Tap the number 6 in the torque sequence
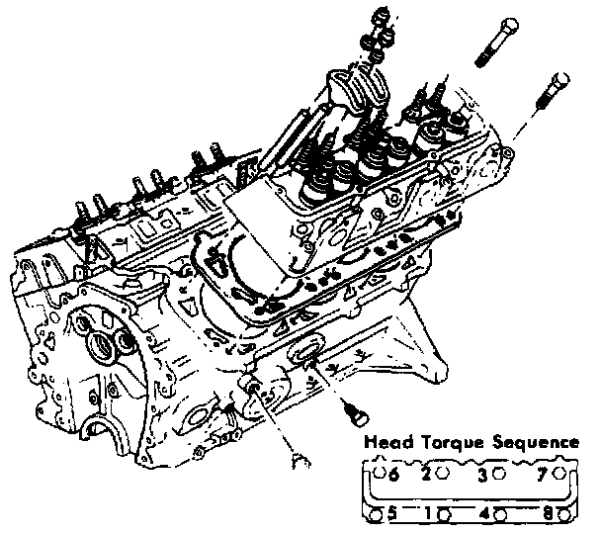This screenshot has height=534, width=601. coord(393,474)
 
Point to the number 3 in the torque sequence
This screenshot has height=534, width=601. coord(483,474)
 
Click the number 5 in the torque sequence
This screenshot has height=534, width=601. coord(392,513)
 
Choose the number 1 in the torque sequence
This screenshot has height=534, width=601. coord(427,513)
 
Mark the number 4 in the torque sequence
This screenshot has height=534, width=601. coord(483,513)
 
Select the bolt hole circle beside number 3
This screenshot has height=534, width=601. coord(499,474)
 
